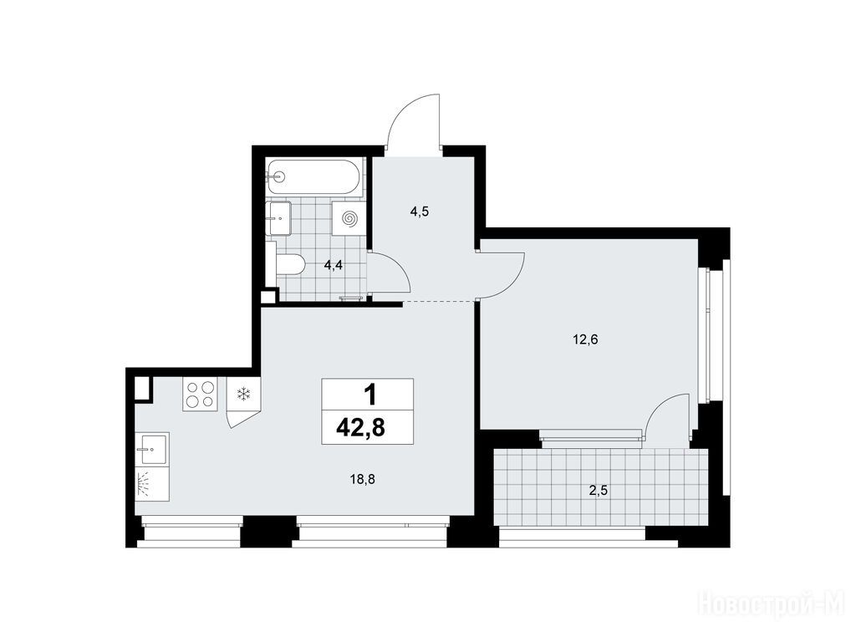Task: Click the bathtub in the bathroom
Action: (x=313, y=177)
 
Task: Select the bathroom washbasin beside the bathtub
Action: (x=278, y=218)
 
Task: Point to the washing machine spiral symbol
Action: (x=349, y=218)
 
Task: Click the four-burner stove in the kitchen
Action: (x=200, y=395)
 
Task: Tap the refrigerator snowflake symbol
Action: (x=243, y=395)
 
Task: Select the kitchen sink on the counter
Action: (x=152, y=449)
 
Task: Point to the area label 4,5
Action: (x=420, y=211)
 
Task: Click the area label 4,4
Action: (x=334, y=266)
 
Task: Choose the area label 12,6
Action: (x=585, y=340)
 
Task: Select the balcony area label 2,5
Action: (x=599, y=490)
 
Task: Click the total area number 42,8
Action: (x=361, y=428)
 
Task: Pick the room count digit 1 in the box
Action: (x=370, y=395)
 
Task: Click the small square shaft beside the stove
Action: (x=142, y=390)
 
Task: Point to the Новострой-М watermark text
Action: (x=776, y=605)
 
